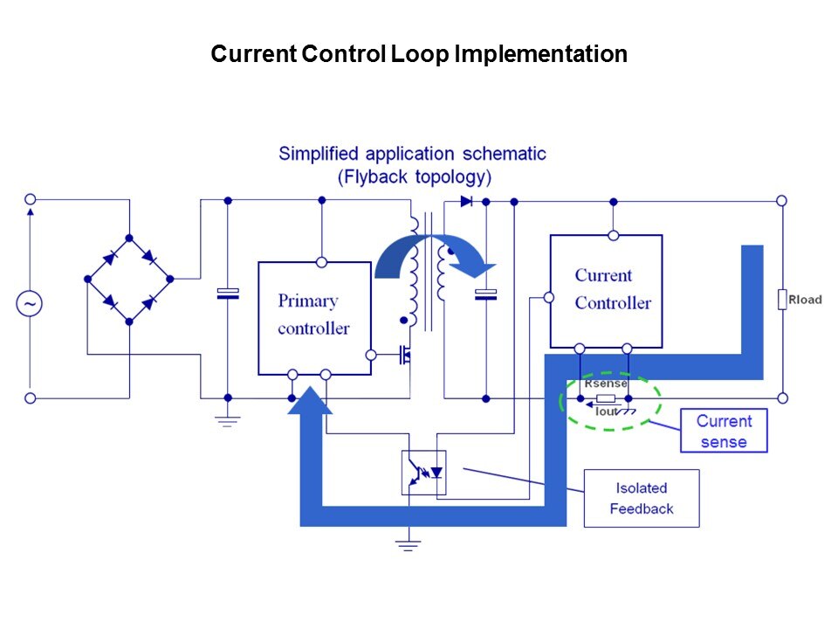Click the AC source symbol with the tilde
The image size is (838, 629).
coord(30,303)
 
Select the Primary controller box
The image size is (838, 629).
coord(314,317)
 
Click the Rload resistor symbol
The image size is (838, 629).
coord(782,300)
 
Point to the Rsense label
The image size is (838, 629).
coord(605,384)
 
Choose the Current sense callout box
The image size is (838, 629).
coord(724,431)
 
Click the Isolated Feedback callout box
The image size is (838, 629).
coord(642,499)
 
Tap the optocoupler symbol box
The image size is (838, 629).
coord(423,473)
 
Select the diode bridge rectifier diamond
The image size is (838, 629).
coord(129,280)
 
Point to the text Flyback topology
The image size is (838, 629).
coord(414,176)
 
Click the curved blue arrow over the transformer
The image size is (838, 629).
coord(434,253)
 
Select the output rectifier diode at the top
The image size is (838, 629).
coord(466,201)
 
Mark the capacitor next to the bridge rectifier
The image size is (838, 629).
coord(228,294)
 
